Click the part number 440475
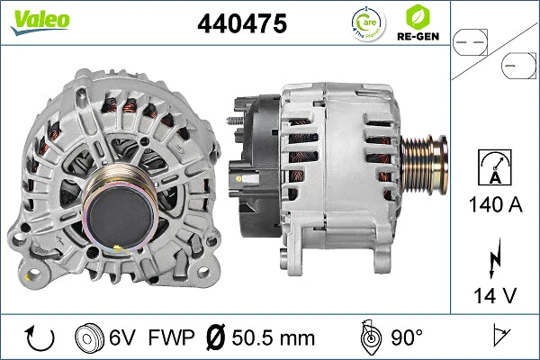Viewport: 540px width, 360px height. [241, 24]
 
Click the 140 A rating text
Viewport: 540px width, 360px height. [493, 204]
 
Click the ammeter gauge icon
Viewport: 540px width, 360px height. [493, 166]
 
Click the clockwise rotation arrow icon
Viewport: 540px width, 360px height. [40, 338]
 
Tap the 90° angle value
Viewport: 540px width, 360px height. [407, 338]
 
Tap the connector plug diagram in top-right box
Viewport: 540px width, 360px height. [493, 52]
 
